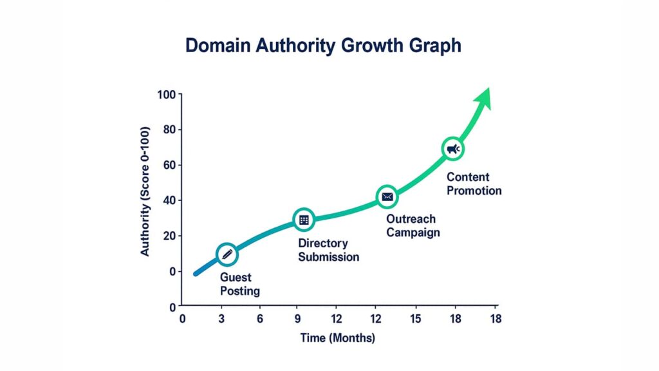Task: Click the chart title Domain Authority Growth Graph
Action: [323, 46]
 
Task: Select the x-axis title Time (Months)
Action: [337, 338]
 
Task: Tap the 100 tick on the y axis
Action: [167, 95]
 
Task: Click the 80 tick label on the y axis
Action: [169, 130]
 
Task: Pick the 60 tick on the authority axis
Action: [169, 166]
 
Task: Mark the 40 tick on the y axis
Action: [169, 201]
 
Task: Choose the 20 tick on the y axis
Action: [169, 236]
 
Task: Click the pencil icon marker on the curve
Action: [227, 255]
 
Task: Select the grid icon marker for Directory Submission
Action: [304, 220]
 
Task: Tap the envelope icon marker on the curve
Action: [387, 196]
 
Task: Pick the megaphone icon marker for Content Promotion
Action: [452, 149]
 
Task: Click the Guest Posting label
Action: [240, 284]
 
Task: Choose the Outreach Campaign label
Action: [413, 225]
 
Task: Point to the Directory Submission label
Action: [328, 250]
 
